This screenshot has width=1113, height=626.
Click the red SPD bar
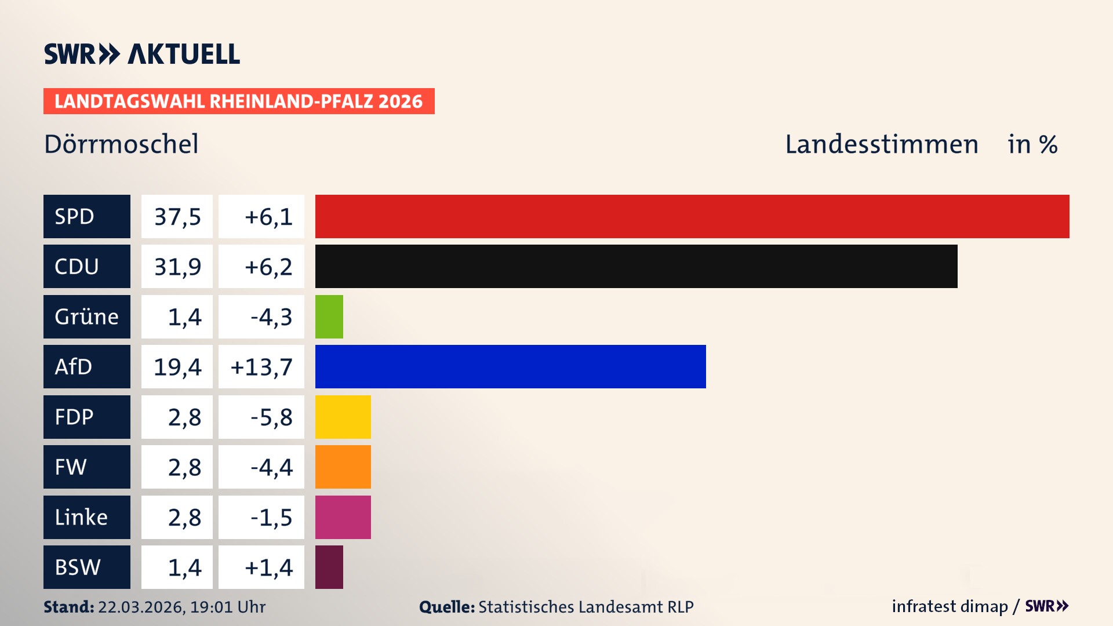pyautogui.click(x=692, y=216)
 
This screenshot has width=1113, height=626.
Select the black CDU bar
pyautogui.click(x=636, y=267)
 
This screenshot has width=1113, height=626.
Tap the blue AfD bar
pyautogui.click(x=510, y=367)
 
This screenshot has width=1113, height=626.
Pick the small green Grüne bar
pyautogui.click(x=329, y=317)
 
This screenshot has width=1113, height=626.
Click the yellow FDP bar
pyautogui.click(x=343, y=417)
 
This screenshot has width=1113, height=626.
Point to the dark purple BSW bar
pyautogui.click(x=329, y=567)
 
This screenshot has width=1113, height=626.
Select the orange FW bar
pyautogui.click(x=343, y=467)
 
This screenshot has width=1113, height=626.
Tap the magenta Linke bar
pyautogui.click(x=343, y=518)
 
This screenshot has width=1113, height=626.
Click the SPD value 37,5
pyautogui.click(x=177, y=217)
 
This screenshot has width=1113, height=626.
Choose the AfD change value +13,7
pyautogui.click(x=261, y=367)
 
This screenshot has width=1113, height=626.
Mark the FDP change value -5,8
pyautogui.click(x=271, y=417)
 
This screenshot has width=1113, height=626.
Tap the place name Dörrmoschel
pyautogui.click(x=121, y=144)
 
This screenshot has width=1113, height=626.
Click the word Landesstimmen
pyautogui.click(x=881, y=144)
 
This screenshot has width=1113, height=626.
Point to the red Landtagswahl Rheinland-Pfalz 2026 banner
pyautogui.click(x=239, y=101)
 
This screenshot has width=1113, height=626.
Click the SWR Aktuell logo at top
pyautogui.click(x=142, y=54)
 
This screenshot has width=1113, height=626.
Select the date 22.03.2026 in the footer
pyautogui.click(x=141, y=607)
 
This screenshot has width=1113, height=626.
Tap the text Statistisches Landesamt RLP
pyautogui.click(x=585, y=607)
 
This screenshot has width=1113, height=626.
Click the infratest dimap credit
pyautogui.click(x=950, y=606)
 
